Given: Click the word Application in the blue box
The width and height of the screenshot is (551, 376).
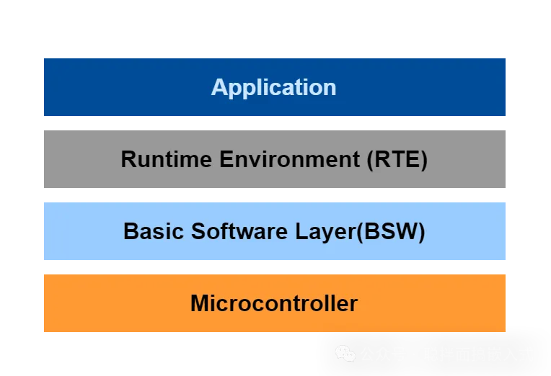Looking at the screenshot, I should [273, 87].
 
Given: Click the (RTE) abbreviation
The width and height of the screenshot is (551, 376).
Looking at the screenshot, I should [397, 159].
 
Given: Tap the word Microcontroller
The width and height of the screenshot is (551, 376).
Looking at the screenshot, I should [273, 303].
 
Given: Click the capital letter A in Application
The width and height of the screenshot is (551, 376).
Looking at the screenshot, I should [219, 87].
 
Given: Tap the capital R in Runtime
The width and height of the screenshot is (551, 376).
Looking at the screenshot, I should [128, 159].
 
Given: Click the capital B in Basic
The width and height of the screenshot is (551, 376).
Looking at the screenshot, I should [131, 231].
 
